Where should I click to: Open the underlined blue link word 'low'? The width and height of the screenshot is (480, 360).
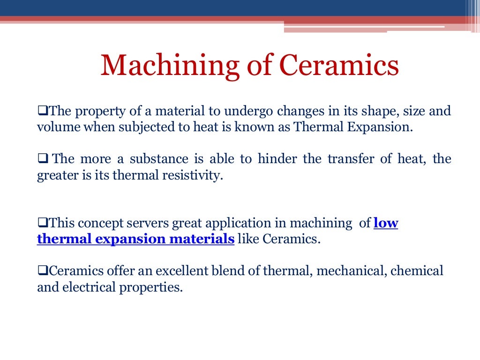point(386,223)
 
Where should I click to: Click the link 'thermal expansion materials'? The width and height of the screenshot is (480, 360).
point(135,239)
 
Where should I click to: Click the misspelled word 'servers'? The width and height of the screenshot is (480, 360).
point(153,223)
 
